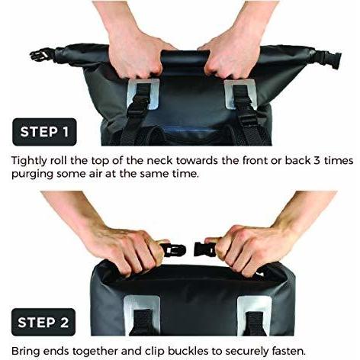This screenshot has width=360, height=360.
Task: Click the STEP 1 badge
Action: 44,132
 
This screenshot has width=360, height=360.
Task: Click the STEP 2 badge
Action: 43,322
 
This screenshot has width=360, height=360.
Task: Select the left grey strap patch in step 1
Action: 143,94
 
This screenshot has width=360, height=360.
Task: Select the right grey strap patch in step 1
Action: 240,94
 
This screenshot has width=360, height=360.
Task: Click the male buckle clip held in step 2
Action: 173,250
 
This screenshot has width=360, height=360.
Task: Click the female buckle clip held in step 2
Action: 204,249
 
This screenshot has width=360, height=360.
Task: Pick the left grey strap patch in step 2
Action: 142,315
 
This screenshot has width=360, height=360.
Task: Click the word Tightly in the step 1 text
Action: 30,161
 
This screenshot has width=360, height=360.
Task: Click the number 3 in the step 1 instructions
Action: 317,161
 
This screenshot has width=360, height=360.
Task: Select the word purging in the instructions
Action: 32,175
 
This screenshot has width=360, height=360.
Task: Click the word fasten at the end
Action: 288,352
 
